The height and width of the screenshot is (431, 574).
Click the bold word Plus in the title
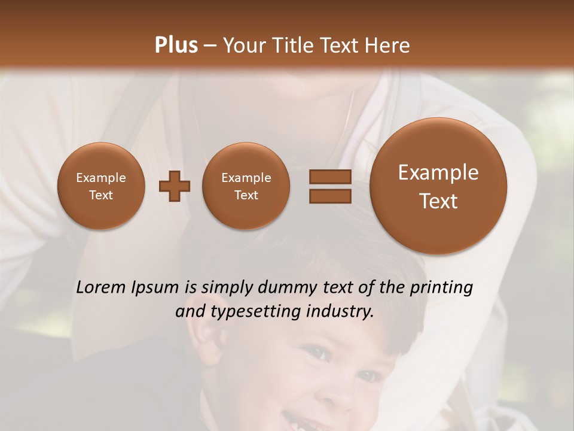pos(176,45)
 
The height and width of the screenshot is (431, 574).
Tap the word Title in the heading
pos(293,45)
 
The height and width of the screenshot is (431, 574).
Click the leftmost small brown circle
pos(100,186)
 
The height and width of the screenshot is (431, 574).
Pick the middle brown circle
pos(246,186)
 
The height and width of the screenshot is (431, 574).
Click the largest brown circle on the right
pos(438,186)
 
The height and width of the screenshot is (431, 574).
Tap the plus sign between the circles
pos(175,186)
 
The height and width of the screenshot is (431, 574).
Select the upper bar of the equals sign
pos(329,177)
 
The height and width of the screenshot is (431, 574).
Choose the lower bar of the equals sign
pos(329,196)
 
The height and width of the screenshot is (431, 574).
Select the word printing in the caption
pos(441,288)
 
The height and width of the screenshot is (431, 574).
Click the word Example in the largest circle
pos(438,172)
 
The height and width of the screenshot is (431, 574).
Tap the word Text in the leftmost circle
pos(100,195)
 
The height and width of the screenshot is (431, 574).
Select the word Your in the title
pos(243,45)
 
